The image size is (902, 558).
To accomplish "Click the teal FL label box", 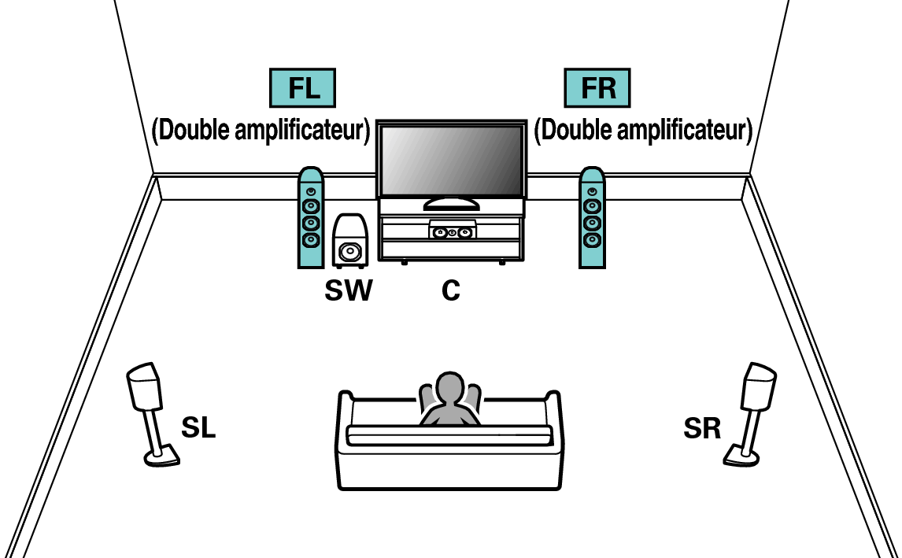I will point(303,88).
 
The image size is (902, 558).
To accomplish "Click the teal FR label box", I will point(598,88).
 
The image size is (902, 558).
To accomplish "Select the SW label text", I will point(349,291).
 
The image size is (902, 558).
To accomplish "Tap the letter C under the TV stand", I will point(450,291).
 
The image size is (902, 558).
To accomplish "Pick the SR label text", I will point(702,429).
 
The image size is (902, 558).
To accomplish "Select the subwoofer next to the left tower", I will point(349,240).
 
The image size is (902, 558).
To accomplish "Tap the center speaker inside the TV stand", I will point(452,232).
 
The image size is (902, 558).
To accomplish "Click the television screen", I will point(451,161).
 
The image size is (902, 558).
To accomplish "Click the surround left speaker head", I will point(144,386).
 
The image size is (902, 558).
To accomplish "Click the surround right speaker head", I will point(759,386).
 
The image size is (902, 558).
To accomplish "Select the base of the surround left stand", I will point(162,455).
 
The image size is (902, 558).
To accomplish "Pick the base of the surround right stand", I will point(742,454).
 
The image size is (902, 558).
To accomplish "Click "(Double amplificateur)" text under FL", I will point(261,131).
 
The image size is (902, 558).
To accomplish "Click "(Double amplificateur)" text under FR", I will point(643,131).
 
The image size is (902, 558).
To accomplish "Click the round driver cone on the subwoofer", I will point(350,253).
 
